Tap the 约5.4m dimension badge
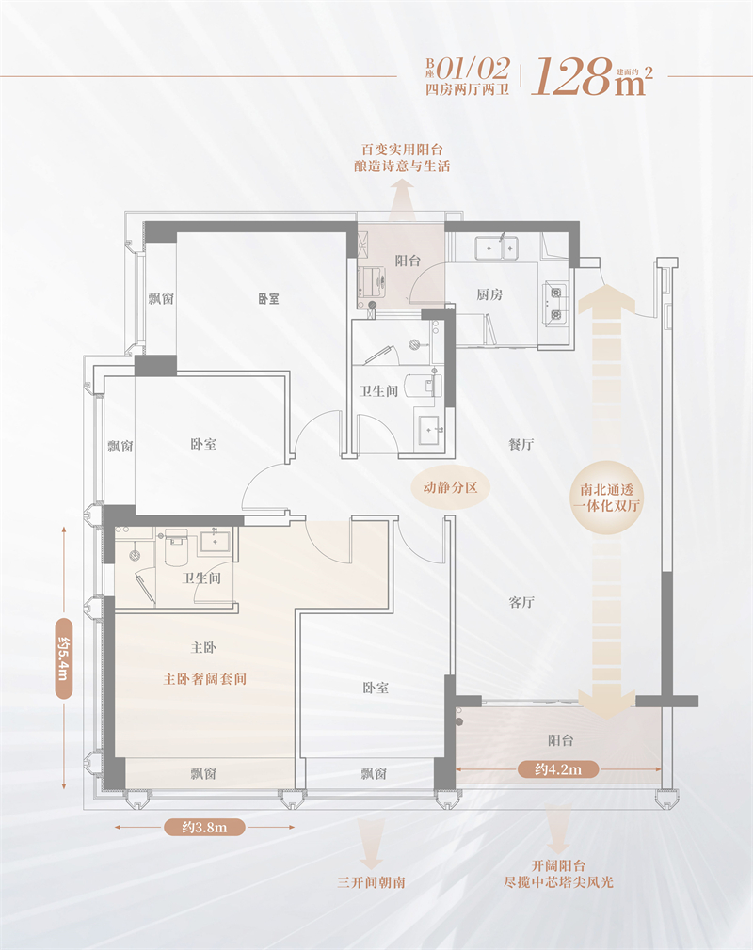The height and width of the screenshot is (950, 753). point(64,658)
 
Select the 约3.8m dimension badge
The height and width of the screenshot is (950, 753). point(204,827)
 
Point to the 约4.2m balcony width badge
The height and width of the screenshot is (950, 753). point(558,769)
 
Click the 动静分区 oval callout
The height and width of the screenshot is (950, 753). point(450,487)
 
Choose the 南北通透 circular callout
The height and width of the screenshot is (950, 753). point(606,498)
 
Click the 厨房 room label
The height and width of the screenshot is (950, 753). point(489,294)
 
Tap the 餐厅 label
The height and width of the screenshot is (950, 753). point(521,444)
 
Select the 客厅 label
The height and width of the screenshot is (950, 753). point(521,602)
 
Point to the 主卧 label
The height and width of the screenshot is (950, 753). point(203,648)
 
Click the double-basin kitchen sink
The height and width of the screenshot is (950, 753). point(497,247)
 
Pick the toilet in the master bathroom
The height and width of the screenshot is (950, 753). point(176,546)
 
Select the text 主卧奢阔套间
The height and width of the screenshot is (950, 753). point(205,679)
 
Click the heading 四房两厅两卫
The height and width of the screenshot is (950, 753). point(468,89)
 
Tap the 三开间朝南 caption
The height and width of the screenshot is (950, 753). point(371,882)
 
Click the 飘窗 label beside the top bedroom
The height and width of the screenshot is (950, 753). point(161,299)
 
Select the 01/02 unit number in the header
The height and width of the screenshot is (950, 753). point(473,69)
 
